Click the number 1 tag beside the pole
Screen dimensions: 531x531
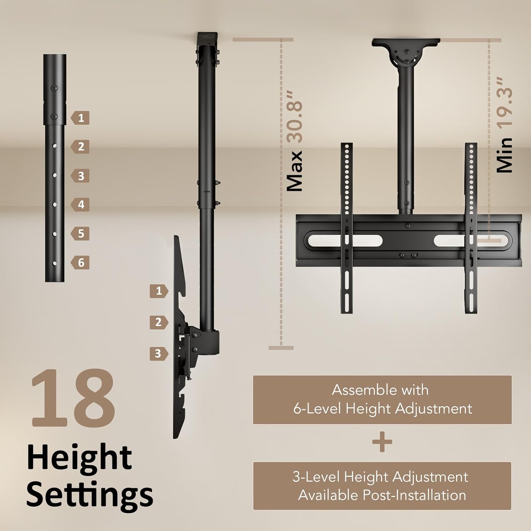[x=80, y=118]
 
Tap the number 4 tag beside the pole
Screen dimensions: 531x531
[x=80, y=205]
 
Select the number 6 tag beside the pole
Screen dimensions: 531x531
[x=80, y=263]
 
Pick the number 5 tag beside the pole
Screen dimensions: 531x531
[x=80, y=234]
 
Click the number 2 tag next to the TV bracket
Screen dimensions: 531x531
[x=158, y=322]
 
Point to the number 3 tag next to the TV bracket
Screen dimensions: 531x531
[x=158, y=353]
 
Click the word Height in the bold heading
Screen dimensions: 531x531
[x=79, y=457]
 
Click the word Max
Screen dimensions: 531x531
[x=295, y=171]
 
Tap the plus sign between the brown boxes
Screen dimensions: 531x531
[x=382, y=442]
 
